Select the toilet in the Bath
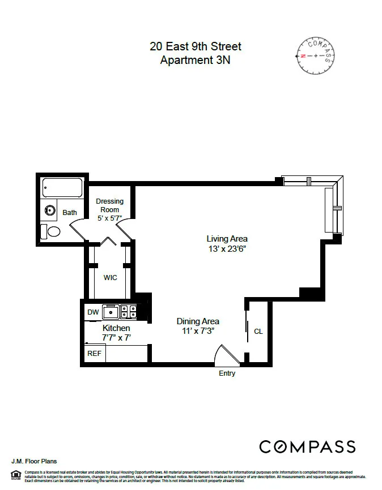point(52,231)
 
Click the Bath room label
point(70,213)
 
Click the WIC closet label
point(110,278)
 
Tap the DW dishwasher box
point(92,312)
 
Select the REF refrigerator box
point(94,353)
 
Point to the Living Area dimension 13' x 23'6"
point(227,248)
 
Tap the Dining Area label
point(198,321)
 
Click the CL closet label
point(258,332)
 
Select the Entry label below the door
point(227,373)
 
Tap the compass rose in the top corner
point(315,56)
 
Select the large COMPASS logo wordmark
point(307,446)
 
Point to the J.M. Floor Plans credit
point(34,461)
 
